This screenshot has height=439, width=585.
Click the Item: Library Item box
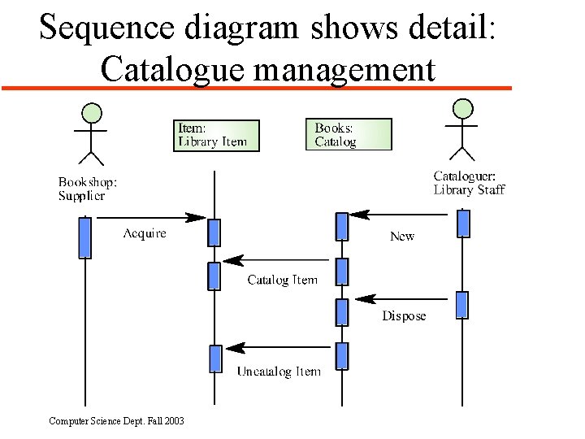pyautogui.click(x=216, y=136)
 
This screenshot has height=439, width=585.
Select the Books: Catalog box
pyautogui.click(x=348, y=135)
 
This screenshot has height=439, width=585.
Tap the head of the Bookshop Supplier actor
pyautogui.click(x=93, y=112)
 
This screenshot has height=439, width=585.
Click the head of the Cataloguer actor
pyautogui.click(x=463, y=107)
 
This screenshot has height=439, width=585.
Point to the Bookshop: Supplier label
pyautogui.click(x=87, y=189)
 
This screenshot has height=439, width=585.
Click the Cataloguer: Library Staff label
pyautogui.click(x=469, y=183)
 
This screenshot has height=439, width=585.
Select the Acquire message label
pyautogui.click(x=145, y=234)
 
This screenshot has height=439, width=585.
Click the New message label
pyautogui.click(x=402, y=237)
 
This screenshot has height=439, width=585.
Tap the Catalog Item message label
pyautogui.click(x=282, y=280)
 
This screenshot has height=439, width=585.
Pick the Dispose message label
pyautogui.click(x=404, y=316)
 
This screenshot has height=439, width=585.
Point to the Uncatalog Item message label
pyautogui.click(x=279, y=372)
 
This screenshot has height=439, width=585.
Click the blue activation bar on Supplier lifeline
pyautogui.click(x=84, y=237)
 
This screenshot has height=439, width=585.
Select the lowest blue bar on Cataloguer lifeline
pyautogui.click(x=462, y=305)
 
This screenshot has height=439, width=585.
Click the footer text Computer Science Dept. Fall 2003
pyautogui.click(x=116, y=421)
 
